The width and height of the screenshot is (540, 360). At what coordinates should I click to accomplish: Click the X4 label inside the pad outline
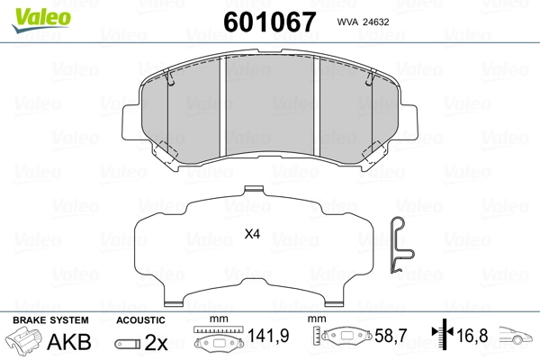click(x=252, y=235)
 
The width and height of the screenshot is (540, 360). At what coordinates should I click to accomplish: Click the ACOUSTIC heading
click(x=140, y=320)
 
